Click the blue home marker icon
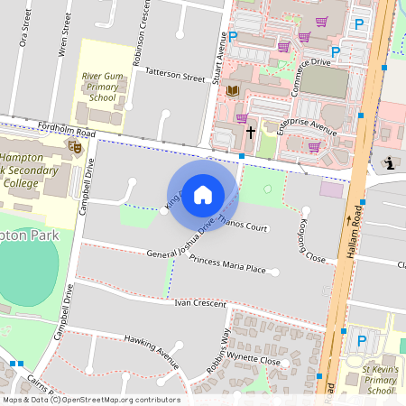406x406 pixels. pos(203,194)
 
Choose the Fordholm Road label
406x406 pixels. pos(67,132)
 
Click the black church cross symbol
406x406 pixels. pos(250,133)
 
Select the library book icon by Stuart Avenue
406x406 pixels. pos(233,91)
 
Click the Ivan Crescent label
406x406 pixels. pos(201,305)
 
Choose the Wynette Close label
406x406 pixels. pos(254,358)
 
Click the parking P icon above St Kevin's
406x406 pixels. pos(363,340)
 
